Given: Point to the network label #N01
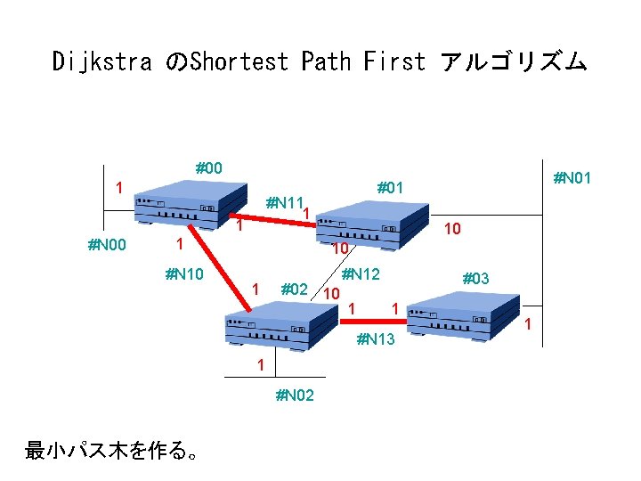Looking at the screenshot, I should tap(572, 179).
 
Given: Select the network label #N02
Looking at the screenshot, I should tap(295, 395).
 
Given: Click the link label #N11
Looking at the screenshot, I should tap(286, 202).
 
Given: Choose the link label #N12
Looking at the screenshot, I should tap(361, 275).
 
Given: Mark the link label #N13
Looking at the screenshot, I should tap(375, 338).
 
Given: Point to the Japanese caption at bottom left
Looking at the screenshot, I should tap(111, 452).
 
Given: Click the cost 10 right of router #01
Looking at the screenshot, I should tap(452, 230).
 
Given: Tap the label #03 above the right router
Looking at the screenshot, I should tap(476, 279).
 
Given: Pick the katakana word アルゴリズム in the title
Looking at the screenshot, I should tap(514, 61).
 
